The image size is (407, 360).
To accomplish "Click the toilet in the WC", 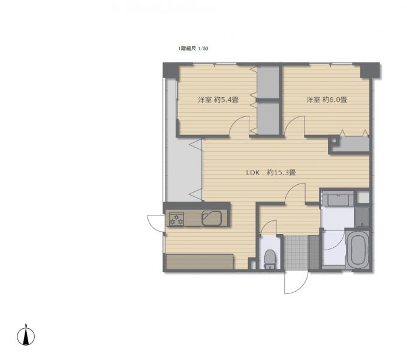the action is [x=270, y=259].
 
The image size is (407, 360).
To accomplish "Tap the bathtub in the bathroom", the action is [x=358, y=249].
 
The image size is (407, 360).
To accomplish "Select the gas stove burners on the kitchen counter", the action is [x=176, y=219].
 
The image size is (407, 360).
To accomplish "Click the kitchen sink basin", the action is [x=212, y=218].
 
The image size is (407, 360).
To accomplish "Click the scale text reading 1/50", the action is [x=203, y=49].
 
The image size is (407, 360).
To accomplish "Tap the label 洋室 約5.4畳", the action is [x=218, y=100].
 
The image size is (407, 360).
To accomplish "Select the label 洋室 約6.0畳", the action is [x=327, y=100].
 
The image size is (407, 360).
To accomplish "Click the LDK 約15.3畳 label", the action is [x=271, y=172].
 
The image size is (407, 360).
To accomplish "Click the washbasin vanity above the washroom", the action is [x=338, y=199].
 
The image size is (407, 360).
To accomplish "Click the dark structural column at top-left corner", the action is [x=171, y=70].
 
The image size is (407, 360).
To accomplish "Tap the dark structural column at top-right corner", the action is [x=370, y=70].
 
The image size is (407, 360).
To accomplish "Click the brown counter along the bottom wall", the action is [x=200, y=262].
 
